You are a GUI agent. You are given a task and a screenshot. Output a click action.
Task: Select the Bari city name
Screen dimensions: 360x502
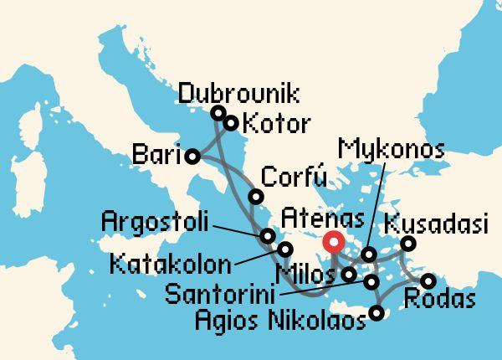point(157,155)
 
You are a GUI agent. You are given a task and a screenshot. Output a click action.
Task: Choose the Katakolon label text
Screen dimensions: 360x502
point(171,266)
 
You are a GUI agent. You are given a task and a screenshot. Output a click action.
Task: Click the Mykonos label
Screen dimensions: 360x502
point(390,151)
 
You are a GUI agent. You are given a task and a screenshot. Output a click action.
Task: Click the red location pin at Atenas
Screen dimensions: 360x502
point(333,242)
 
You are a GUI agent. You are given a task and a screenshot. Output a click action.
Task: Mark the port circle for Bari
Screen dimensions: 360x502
point(192,156)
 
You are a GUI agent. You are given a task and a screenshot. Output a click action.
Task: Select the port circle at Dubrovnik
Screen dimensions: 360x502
point(218,113)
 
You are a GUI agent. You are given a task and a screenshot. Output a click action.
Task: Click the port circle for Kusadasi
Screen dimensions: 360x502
point(408,244)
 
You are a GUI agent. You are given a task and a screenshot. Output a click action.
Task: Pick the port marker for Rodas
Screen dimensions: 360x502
point(428,281)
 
